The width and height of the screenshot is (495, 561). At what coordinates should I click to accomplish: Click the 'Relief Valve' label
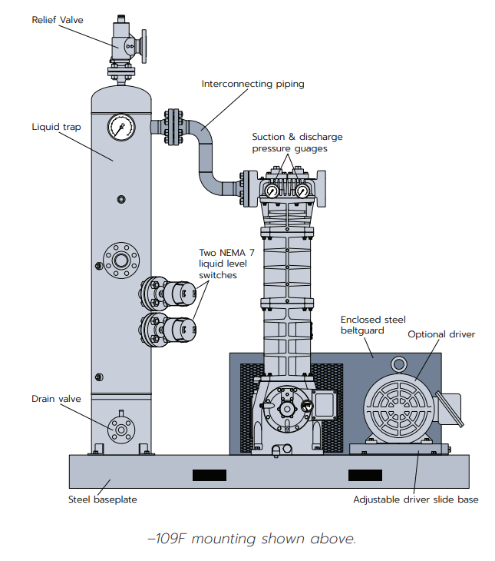pyautogui.click(x=57, y=19)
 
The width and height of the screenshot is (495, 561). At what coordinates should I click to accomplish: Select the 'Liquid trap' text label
pyautogui.click(x=56, y=127)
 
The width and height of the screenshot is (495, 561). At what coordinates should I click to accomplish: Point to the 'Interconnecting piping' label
pyautogui.click(x=252, y=84)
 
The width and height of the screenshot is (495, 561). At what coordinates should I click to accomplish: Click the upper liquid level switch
pyautogui.click(x=181, y=292)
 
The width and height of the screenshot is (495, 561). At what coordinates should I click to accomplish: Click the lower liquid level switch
pyautogui.click(x=181, y=328)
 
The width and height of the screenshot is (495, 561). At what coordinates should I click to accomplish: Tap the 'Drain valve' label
pyautogui.click(x=56, y=399)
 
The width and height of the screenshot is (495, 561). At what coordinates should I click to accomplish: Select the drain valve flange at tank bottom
pyautogui.click(x=120, y=427)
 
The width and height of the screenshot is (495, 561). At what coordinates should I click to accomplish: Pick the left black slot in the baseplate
pyautogui.click(x=209, y=475)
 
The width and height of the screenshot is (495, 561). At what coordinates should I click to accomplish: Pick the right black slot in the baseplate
pyautogui.click(x=365, y=475)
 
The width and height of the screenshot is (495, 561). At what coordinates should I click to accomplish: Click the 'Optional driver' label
pyautogui.click(x=441, y=334)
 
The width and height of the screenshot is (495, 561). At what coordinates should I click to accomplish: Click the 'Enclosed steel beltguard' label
pyautogui.click(x=373, y=326)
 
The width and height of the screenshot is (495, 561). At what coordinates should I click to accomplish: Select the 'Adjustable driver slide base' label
pyautogui.click(x=415, y=500)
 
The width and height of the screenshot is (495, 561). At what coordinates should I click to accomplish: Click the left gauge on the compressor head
pyautogui.click(x=272, y=191)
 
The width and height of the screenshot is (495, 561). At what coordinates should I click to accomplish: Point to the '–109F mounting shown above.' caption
pyautogui.click(x=251, y=539)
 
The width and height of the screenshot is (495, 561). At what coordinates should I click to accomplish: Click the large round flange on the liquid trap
pyautogui.click(x=120, y=260)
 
